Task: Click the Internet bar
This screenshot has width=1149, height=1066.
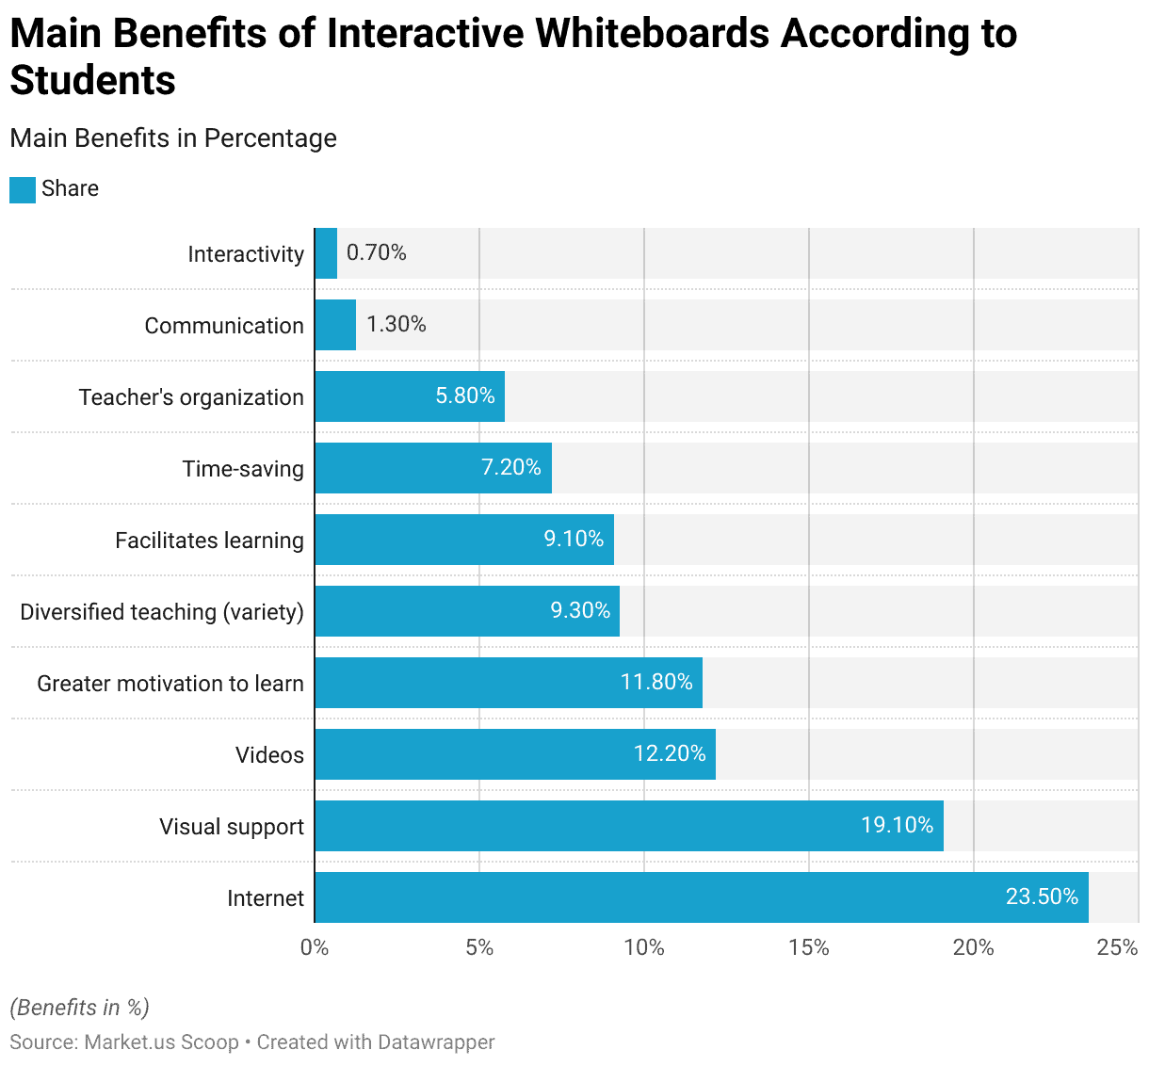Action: (x=701, y=897)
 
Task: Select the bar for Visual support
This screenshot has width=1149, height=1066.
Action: (x=628, y=826)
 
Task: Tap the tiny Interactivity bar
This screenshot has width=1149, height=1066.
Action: (x=326, y=253)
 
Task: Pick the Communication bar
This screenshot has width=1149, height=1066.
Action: (x=335, y=325)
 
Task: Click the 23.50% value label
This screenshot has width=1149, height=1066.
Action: (x=1042, y=896)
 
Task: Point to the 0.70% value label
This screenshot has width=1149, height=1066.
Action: (x=377, y=252)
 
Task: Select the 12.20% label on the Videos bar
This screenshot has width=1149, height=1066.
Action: (x=670, y=753)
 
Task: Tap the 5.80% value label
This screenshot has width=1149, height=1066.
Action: (x=465, y=396)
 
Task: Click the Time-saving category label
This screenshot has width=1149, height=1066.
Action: (x=243, y=469)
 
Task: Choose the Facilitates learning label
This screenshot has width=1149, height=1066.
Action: (x=209, y=541)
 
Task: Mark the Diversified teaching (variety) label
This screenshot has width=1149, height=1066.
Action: (x=162, y=612)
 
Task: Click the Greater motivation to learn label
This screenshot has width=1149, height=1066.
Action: (x=170, y=684)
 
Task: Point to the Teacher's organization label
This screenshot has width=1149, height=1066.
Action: (x=191, y=397)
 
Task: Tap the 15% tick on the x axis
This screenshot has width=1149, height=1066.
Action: (x=809, y=947)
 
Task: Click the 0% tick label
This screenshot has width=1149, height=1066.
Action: (x=315, y=947)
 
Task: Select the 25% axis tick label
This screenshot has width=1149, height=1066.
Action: (x=1118, y=947)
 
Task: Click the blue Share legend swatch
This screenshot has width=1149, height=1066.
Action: (x=23, y=189)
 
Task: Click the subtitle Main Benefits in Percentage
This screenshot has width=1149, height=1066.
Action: (x=173, y=138)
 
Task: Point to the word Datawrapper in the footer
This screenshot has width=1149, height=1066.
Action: (x=435, y=1042)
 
